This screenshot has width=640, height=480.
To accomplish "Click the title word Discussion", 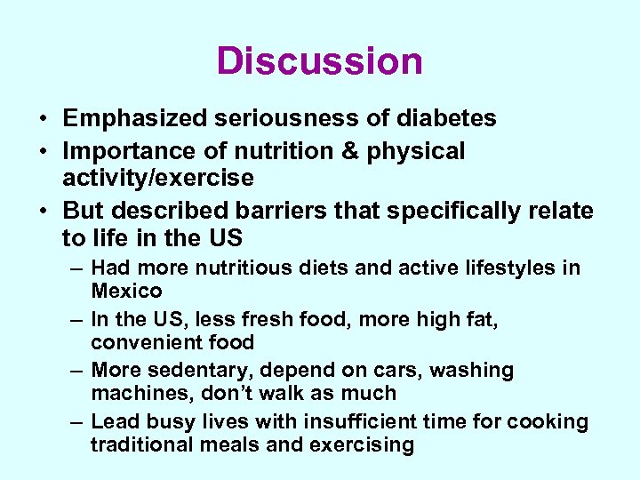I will click(320, 61).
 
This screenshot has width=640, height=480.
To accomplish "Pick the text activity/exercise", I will click(157, 178).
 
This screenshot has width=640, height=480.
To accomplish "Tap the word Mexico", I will click(126, 291).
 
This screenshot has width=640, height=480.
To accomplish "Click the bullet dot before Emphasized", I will click(44, 119).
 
